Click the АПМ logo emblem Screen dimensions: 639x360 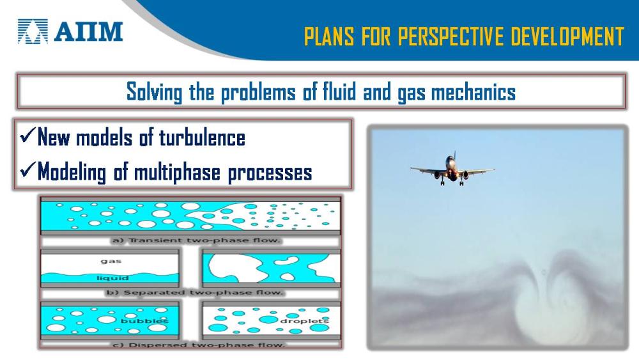click(33, 31)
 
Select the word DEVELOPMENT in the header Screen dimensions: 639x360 click(567, 36)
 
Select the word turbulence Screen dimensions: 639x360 click(202, 137)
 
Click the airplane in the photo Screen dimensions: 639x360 click(452, 169)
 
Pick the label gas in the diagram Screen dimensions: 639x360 click(111, 261)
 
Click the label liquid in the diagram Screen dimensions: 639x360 click(112, 278)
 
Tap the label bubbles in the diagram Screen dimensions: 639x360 click(144, 321)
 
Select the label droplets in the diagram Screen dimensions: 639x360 click(304, 321)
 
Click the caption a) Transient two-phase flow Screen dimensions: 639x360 click(196, 240)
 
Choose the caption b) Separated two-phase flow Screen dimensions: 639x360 click(194, 292)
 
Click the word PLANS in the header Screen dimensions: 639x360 click(329, 36)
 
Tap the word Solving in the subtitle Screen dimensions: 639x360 click(154, 91)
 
